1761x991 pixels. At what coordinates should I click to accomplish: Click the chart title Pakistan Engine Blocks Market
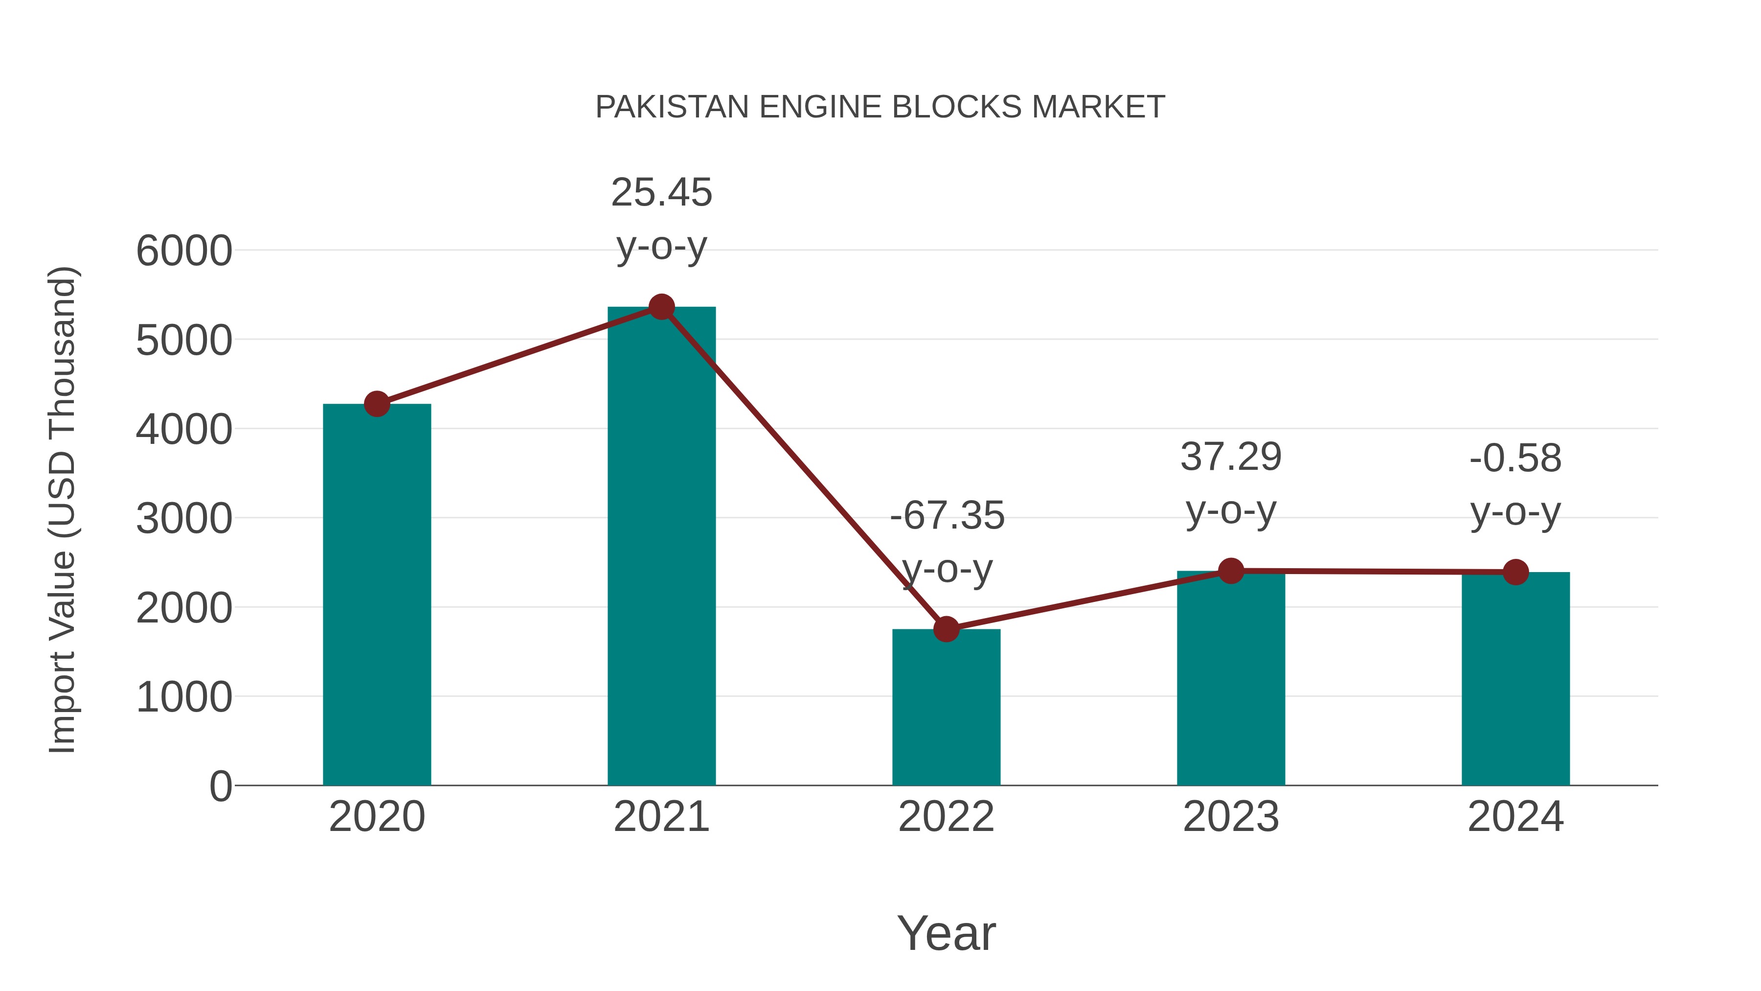coord(880,107)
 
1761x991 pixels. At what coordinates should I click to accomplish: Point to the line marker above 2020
coord(377,404)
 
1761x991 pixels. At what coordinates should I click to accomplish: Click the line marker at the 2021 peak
coord(661,307)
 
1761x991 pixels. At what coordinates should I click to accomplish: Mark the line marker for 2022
coord(946,628)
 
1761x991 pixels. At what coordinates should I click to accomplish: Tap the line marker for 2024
coord(1515,572)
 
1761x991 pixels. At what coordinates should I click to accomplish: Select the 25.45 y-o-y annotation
coord(661,218)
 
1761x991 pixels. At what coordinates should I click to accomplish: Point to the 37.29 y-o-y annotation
coord(1231,483)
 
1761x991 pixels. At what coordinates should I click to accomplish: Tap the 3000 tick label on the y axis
coord(184,518)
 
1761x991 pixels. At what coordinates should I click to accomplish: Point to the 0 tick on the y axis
coord(220,786)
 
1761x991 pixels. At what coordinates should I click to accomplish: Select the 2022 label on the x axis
coord(946,817)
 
